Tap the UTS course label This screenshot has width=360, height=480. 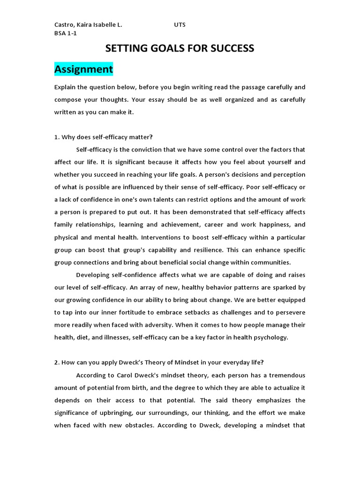click(x=180, y=25)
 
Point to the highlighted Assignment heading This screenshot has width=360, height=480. click(x=83, y=69)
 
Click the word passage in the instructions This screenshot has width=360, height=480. click(x=255, y=87)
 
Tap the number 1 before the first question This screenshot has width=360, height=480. click(x=56, y=137)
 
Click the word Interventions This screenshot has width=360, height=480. click(x=162, y=237)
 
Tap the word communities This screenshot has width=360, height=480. click(x=268, y=262)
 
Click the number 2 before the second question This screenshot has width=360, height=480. click(x=56, y=362)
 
